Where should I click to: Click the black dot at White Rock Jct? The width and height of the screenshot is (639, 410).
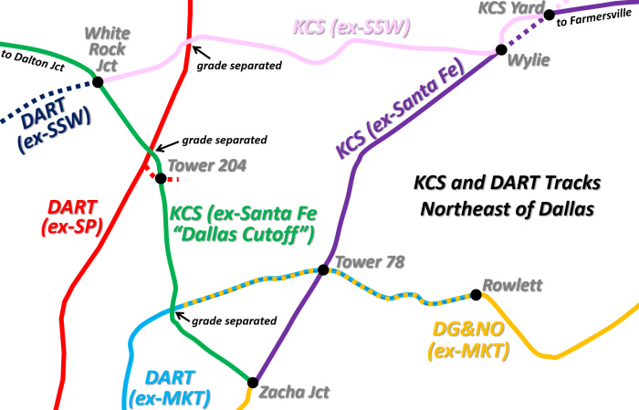[97, 81]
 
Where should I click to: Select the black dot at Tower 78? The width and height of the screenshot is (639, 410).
[322, 269]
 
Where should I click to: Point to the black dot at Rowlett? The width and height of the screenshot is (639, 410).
[476, 294]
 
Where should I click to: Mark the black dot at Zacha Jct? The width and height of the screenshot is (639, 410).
[253, 382]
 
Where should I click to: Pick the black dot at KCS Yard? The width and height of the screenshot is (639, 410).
[550, 14]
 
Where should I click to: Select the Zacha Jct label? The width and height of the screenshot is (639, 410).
[294, 392]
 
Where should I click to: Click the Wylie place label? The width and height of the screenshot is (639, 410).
[529, 61]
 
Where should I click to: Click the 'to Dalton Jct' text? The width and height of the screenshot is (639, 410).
[31, 56]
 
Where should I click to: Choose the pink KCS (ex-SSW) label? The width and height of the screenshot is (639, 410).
[351, 27]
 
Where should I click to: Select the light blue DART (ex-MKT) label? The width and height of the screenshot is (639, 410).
[170, 386]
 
